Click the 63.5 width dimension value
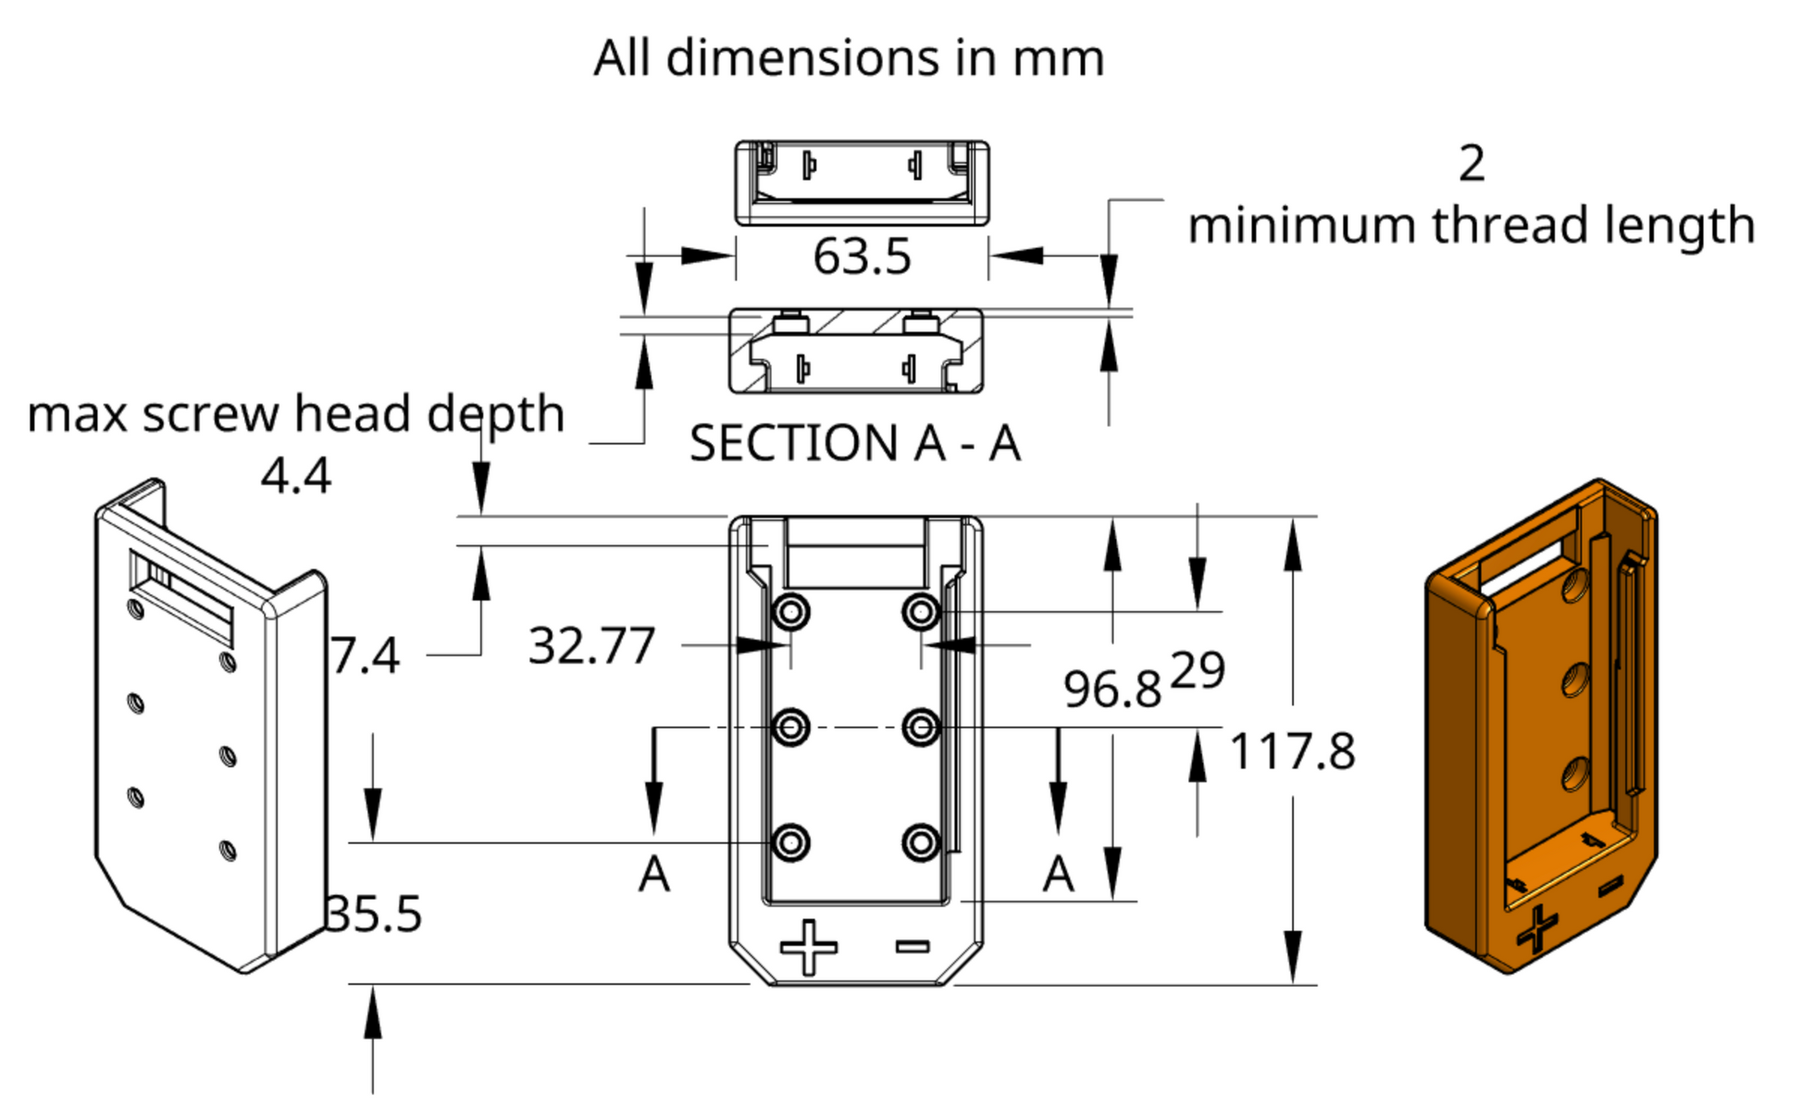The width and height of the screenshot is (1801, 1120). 862,256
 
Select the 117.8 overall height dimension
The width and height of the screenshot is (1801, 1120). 1292,751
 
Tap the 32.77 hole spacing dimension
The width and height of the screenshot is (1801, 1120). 591,645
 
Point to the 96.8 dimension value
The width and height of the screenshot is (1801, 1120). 1112,689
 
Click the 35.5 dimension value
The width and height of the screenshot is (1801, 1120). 374,914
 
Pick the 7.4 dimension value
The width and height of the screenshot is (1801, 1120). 365,655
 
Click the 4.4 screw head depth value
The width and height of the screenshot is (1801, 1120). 295,476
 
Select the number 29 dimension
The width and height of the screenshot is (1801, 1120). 1198,669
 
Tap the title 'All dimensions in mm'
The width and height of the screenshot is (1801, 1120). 849,57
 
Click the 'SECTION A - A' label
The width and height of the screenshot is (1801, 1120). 855,442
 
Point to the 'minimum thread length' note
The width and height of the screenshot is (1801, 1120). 1471,225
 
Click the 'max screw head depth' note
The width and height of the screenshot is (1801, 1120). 295,413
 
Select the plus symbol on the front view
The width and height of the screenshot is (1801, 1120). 809,947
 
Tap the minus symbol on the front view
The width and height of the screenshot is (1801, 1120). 913,945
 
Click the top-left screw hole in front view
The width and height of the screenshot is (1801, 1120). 791,612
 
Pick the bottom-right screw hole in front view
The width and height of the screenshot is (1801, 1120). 921,843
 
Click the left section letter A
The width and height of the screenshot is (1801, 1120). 654,874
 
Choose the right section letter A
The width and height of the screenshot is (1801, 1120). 1058,874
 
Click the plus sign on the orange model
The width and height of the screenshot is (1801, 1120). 1537,928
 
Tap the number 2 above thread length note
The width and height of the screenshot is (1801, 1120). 1472,164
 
